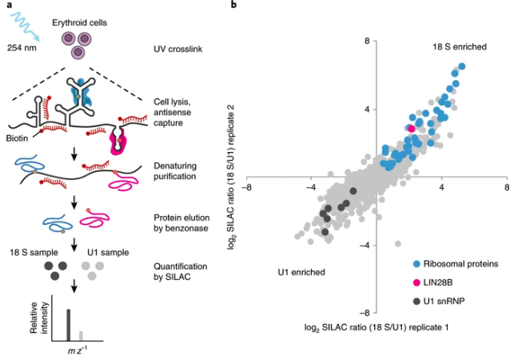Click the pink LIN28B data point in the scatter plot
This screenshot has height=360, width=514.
(x=412, y=128)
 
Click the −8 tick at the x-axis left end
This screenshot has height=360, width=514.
(x=249, y=186)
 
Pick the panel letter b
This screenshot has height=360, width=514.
(x=233, y=6)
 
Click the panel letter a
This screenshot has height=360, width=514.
(x=6, y=6)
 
